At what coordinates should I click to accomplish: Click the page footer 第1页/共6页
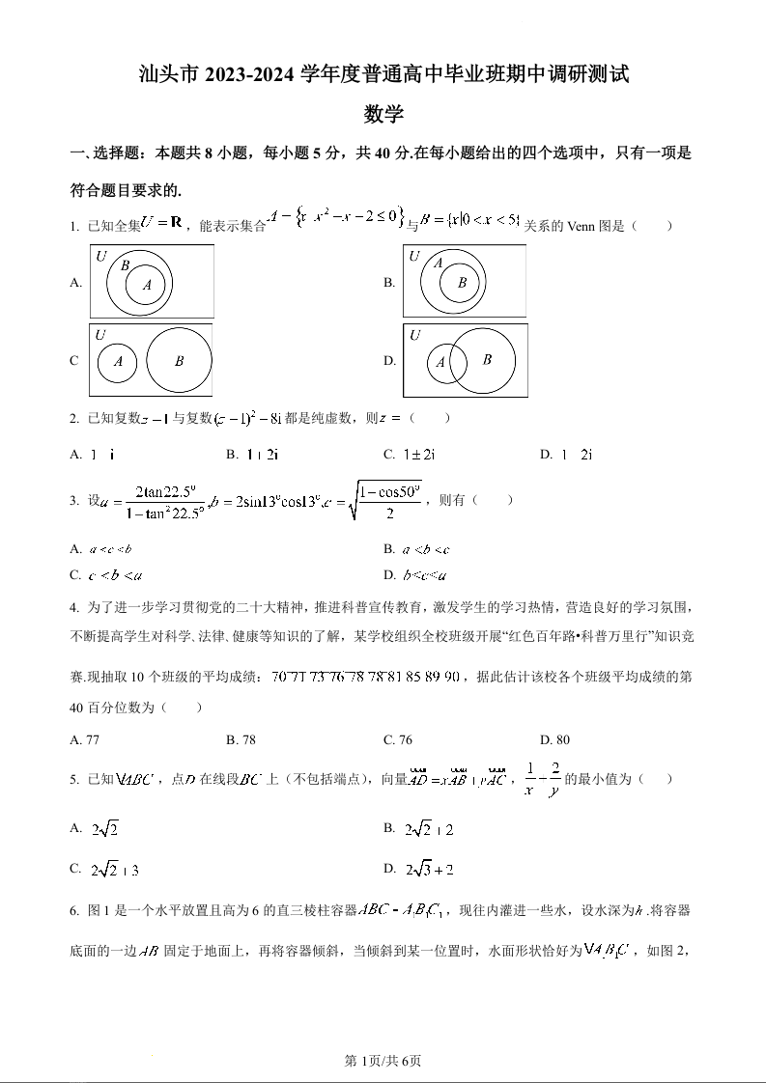coord(383,1062)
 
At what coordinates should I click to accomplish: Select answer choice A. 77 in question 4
coord(86,740)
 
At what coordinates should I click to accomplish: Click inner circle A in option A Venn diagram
coord(147,285)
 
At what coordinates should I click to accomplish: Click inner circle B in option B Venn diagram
coord(462,283)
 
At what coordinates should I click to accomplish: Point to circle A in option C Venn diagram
coord(118,361)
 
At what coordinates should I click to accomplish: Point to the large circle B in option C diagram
coord(179,360)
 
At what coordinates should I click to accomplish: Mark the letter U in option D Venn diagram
coord(415,335)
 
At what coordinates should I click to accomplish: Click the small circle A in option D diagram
coord(441,363)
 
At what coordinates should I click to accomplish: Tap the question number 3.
coord(73,500)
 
